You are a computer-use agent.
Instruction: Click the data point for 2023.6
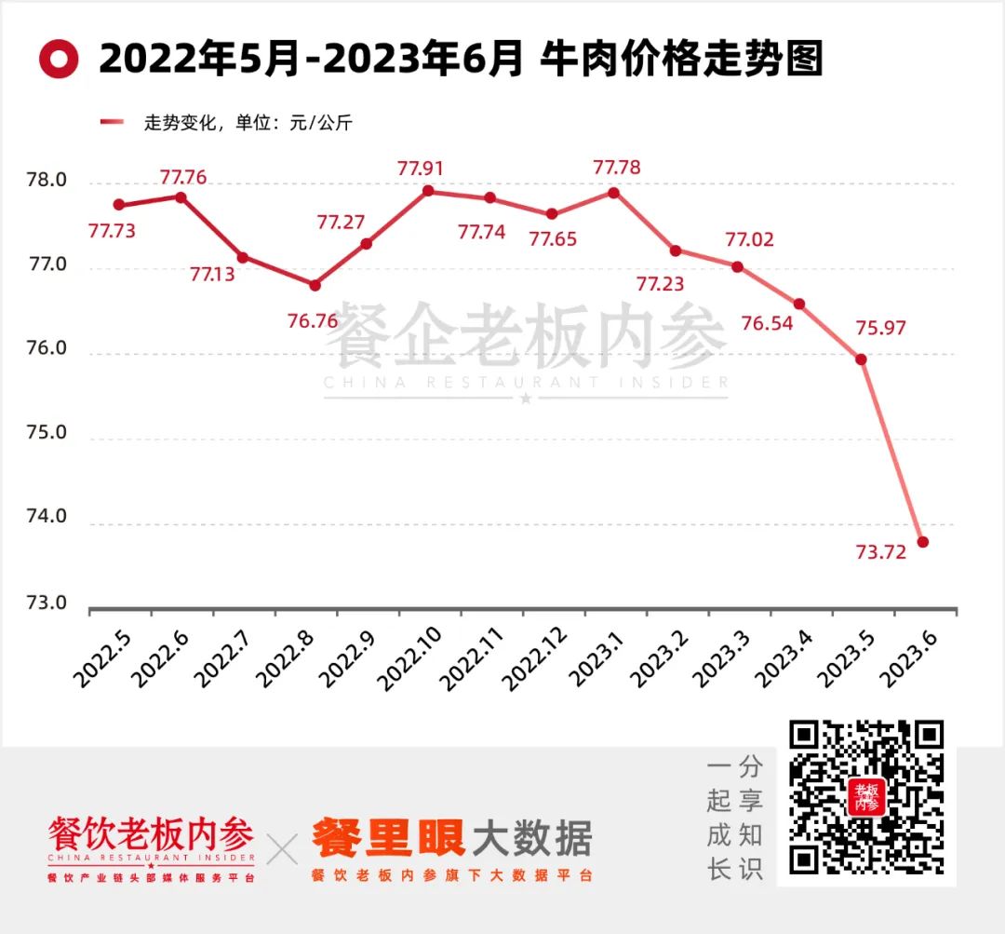tap(923, 542)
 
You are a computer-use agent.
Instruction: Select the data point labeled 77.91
tap(428, 191)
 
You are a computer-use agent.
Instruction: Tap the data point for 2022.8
tap(315, 285)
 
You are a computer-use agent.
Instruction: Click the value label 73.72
tap(879, 552)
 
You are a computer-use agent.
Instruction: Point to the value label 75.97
tap(880, 328)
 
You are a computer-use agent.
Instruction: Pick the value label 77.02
tap(750, 240)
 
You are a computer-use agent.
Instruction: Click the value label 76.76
tap(313, 321)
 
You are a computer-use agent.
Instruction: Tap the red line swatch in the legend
tap(112, 122)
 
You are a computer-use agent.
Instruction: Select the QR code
tap(866, 801)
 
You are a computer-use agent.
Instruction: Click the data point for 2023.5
tap(861, 359)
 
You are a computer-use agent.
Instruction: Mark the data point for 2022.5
tap(118, 205)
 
